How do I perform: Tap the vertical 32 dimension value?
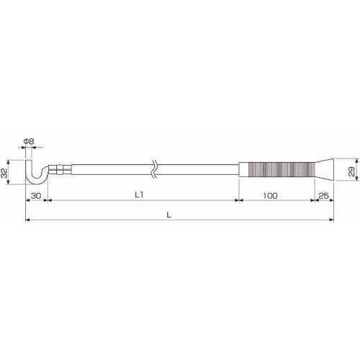pyautogui.click(x=5, y=173)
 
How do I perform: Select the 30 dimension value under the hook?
pyautogui.click(x=34, y=195)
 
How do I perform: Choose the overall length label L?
pyautogui.click(x=168, y=215)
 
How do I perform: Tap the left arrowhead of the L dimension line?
pyautogui.click(x=27, y=221)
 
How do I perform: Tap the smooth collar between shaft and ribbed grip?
pyautogui.click(x=241, y=171)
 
